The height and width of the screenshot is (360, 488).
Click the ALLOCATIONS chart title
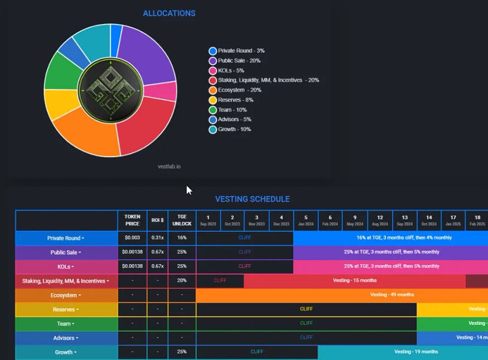coord(169,13)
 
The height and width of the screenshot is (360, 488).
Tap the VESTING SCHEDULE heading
coord(252,199)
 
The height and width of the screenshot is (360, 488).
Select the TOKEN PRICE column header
coord(132,220)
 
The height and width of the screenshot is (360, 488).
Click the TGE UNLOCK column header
coord(182,220)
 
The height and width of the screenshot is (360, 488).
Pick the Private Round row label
coord(66,238)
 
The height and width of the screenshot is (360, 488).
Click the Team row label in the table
coord(66,324)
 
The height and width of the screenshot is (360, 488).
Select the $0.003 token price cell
coord(132,238)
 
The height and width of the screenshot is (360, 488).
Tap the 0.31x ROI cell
coord(157,238)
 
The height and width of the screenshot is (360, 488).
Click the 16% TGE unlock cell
coord(182,238)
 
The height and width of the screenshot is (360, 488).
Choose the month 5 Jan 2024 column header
coord(306,220)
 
